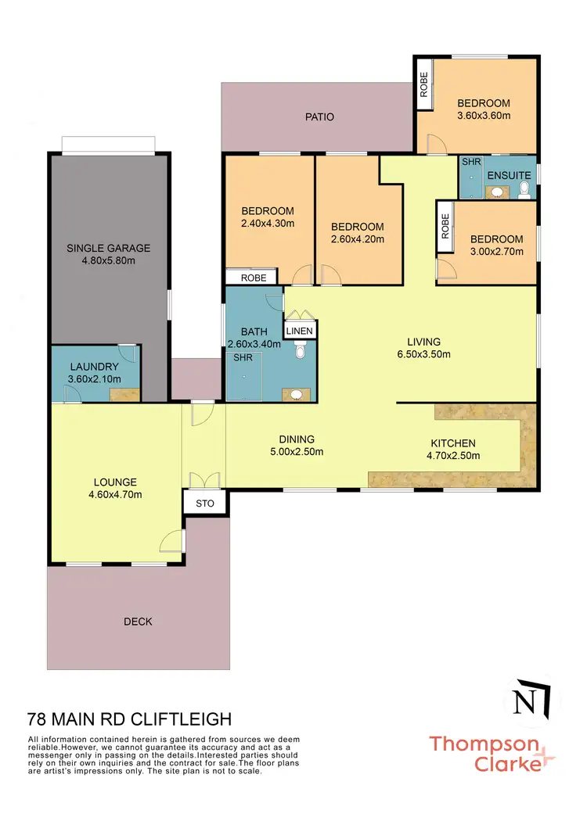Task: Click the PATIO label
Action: tap(319, 117)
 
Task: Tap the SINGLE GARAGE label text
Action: tap(108, 249)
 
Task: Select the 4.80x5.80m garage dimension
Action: tap(108, 260)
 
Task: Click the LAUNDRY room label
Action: tap(94, 367)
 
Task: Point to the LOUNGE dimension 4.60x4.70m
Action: tap(115, 494)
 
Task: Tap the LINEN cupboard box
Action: tap(300, 332)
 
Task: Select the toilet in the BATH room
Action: tap(300, 353)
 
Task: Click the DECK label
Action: tap(138, 622)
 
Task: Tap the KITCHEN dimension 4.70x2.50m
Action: tap(452, 456)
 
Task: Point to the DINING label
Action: tap(297, 439)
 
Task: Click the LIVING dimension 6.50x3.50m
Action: tap(423, 353)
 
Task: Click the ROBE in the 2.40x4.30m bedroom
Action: tap(253, 278)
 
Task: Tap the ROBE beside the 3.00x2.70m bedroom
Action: tap(445, 228)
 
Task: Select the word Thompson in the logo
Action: tap(484, 744)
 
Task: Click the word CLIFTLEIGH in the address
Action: tap(182, 718)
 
